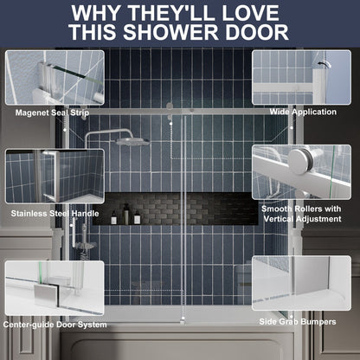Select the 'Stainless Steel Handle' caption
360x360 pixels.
pyautogui.click(x=54, y=211)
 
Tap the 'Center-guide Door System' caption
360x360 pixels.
pyautogui.click(x=56, y=324)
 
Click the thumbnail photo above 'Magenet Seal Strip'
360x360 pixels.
pyautogui.click(x=54, y=77)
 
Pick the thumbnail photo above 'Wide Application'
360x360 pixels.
pyautogui.click(x=302, y=77)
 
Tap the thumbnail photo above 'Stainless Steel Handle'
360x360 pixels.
pyautogui.click(x=54, y=176)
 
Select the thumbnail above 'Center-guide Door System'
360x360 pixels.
pyautogui.click(x=54, y=286)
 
